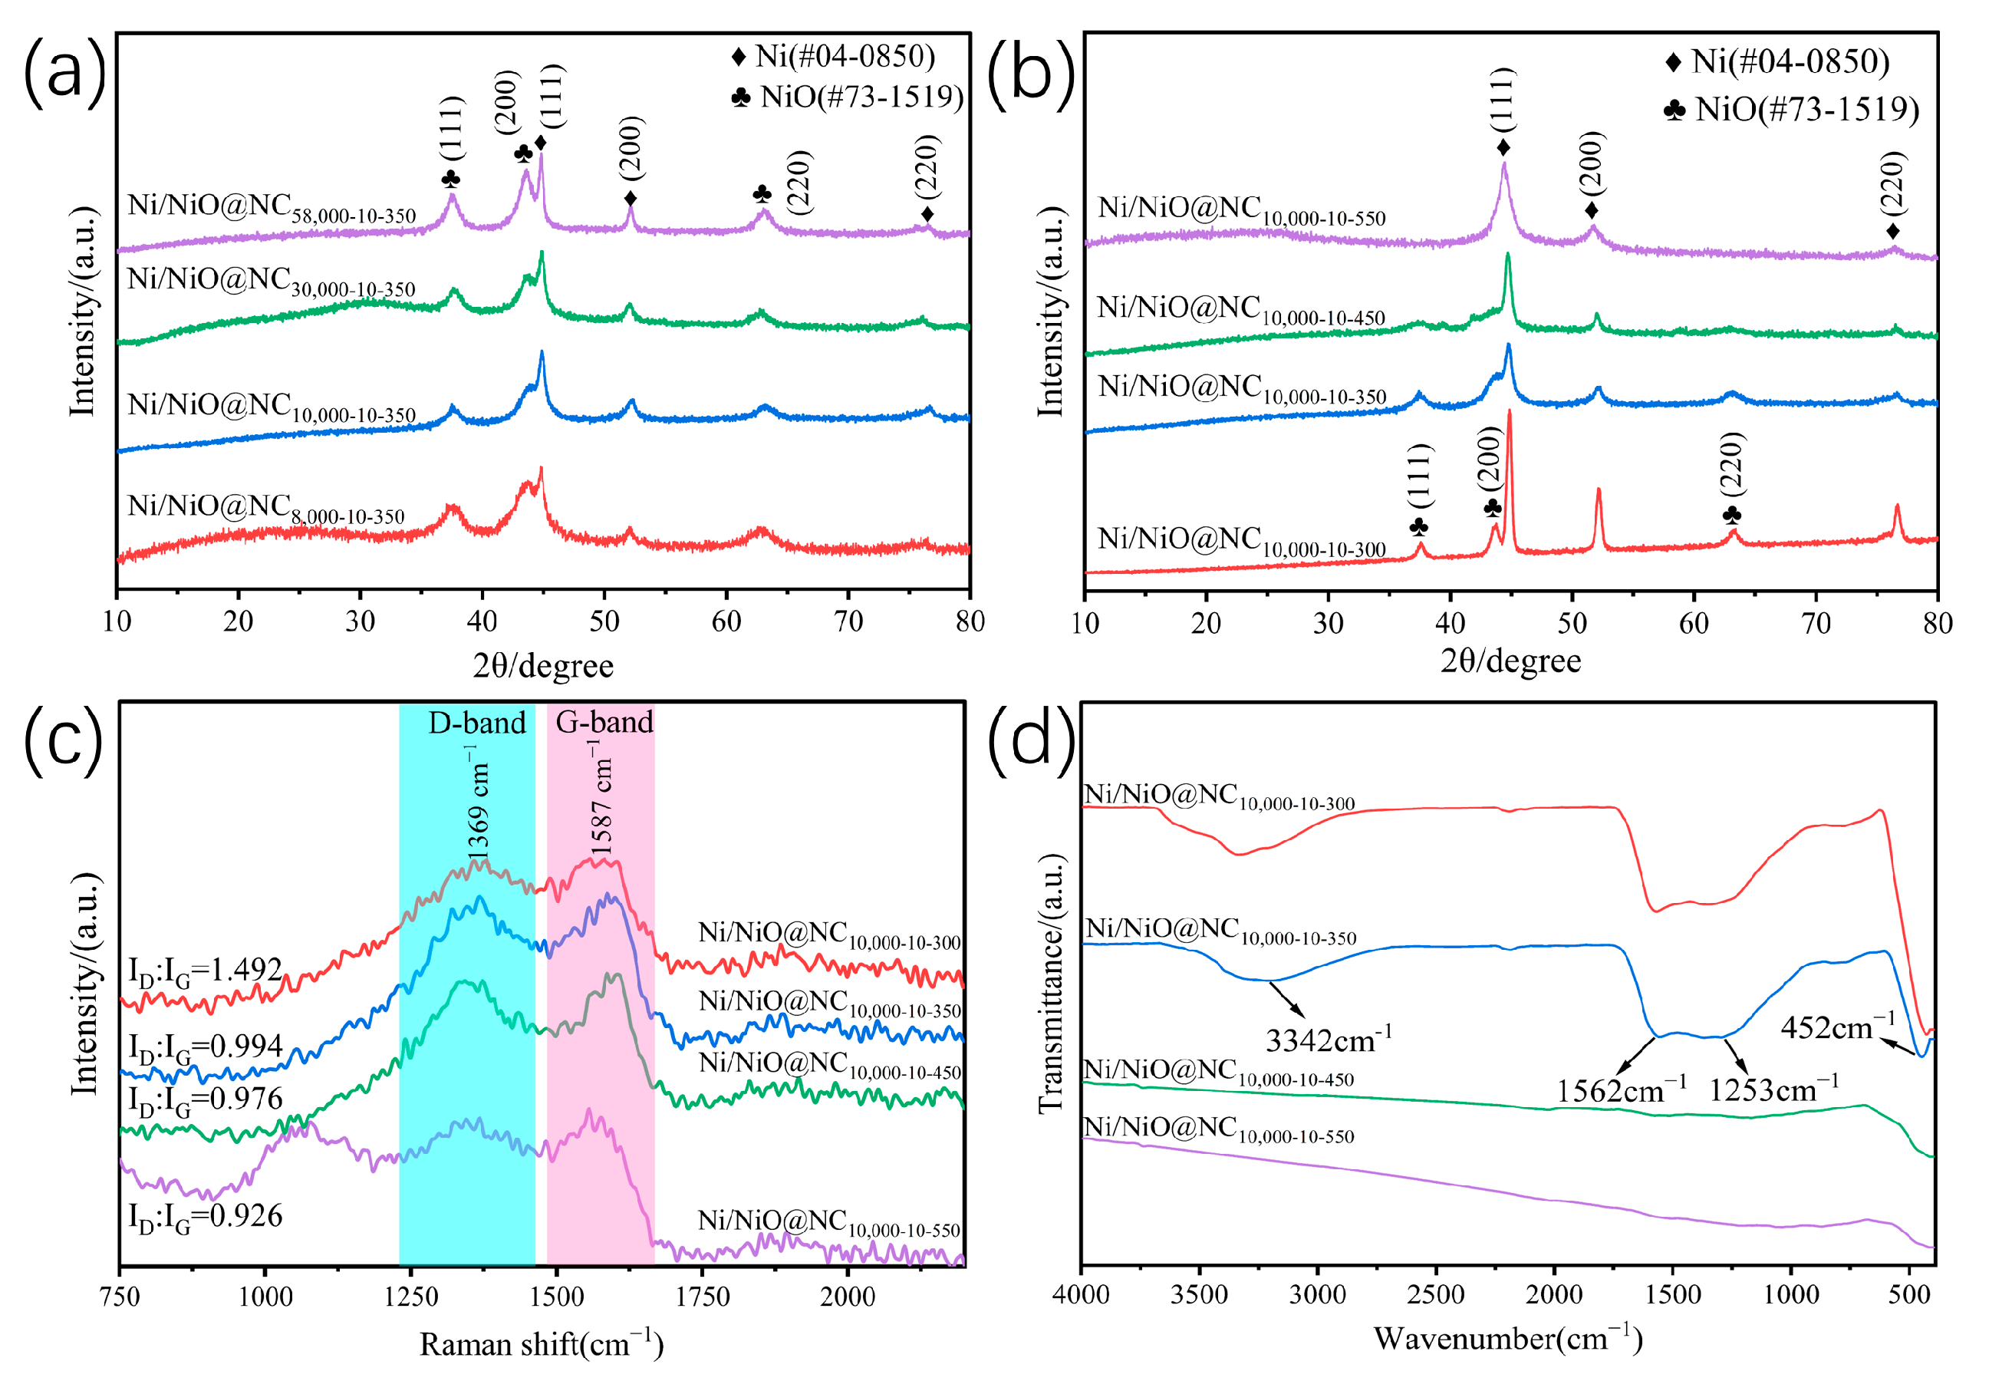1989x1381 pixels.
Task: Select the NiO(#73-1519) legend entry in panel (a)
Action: point(848,97)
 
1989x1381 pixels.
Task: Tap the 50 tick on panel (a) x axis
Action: point(604,621)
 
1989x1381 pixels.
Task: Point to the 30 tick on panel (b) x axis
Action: point(1328,623)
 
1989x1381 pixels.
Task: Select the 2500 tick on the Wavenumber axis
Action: point(1436,1295)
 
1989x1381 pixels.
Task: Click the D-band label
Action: point(476,723)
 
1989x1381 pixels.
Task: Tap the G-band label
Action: point(604,722)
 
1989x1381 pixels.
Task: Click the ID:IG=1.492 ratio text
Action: point(206,971)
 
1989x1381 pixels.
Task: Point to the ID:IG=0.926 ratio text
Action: point(206,1217)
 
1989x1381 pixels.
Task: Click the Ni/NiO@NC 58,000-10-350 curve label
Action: point(272,208)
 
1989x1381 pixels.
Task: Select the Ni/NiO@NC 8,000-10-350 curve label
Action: point(265,508)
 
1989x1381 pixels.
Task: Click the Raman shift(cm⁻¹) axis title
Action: point(542,1344)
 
